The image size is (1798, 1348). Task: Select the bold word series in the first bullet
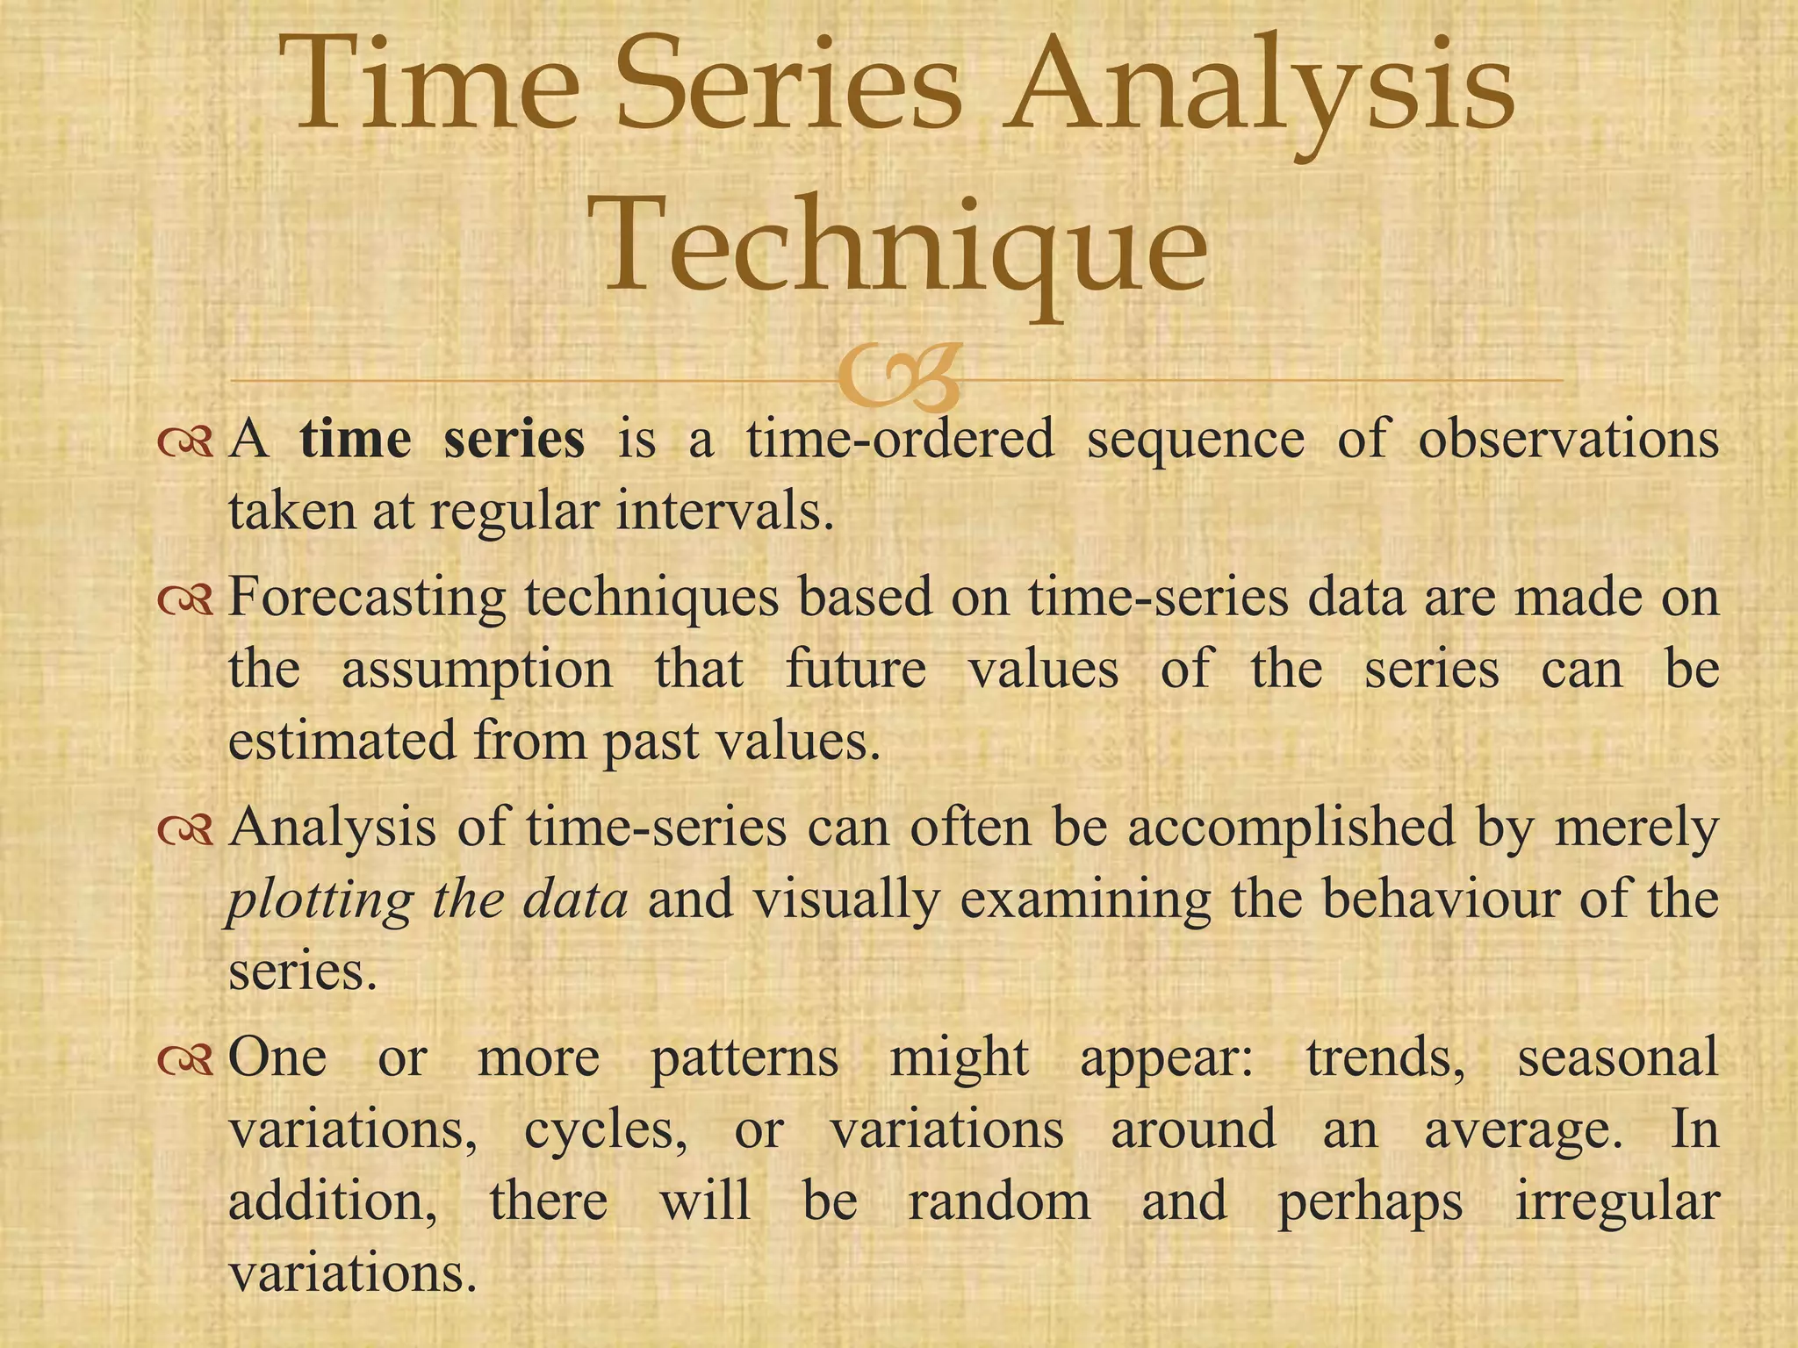514,439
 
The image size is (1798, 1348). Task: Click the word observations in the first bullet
1568,439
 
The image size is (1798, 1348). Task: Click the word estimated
342,740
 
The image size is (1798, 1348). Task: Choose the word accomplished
1291,828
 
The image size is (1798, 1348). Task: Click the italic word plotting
320,900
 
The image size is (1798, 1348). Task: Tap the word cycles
605,1130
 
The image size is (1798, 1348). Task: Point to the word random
999,1201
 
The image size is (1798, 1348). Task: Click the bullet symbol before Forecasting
185,600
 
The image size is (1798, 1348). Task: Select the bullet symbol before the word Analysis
185,830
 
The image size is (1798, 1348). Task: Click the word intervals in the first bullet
724,511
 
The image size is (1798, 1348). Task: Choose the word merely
1636,828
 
